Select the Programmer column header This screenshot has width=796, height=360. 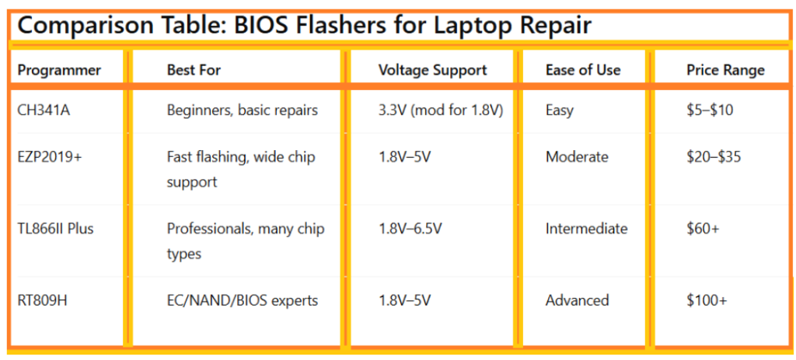[59, 70]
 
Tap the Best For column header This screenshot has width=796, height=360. [194, 70]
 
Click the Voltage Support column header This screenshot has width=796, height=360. [432, 70]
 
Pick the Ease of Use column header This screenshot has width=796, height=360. [583, 70]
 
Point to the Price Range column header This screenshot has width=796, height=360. [725, 70]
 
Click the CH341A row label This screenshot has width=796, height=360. [44, 110]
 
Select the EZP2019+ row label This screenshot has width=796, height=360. [49, 157]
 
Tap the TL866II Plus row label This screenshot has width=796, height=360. [55, 229]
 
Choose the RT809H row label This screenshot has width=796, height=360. [41, 300]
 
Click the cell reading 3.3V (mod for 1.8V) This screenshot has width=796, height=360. [441, 110]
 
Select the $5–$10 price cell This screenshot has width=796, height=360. [710, 110]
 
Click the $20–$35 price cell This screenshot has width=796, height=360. [714, 157]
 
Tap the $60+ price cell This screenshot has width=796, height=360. [703, 229]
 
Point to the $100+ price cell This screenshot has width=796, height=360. [707, 300]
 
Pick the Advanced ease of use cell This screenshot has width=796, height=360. [577, 300]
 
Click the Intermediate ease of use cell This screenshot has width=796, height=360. [586, 229]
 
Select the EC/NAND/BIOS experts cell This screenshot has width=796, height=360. [243, 300]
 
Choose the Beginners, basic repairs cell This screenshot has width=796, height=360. [243, 110]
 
